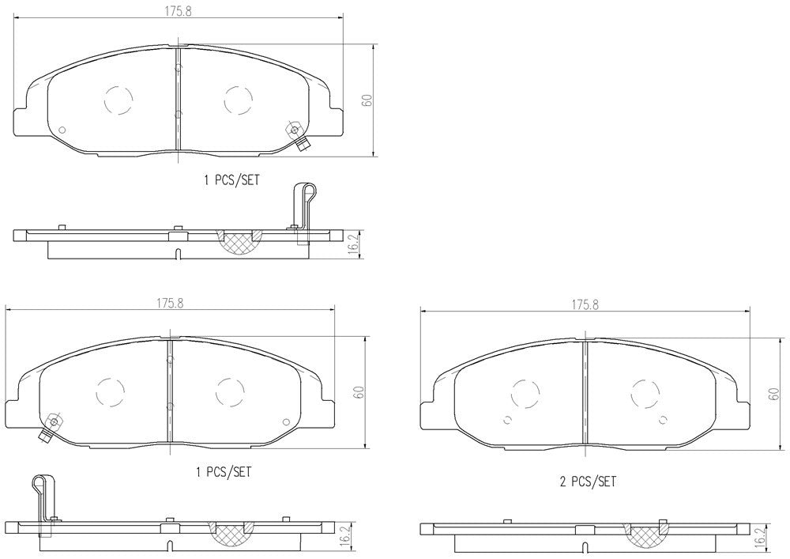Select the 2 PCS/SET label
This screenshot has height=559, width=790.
588,482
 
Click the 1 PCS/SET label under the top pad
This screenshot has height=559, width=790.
231,180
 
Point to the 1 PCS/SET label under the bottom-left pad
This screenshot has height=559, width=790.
224,472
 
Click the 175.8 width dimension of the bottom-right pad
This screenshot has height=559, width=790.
585,305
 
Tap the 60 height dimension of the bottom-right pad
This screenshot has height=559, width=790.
774,394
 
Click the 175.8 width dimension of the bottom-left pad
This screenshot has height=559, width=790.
169,304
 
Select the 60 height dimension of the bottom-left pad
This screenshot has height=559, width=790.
359,392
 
